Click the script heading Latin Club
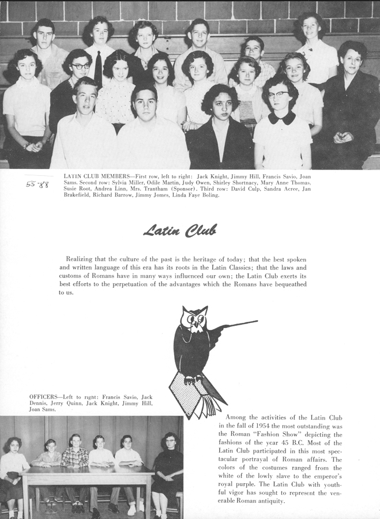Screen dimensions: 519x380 tap(180, 231)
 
